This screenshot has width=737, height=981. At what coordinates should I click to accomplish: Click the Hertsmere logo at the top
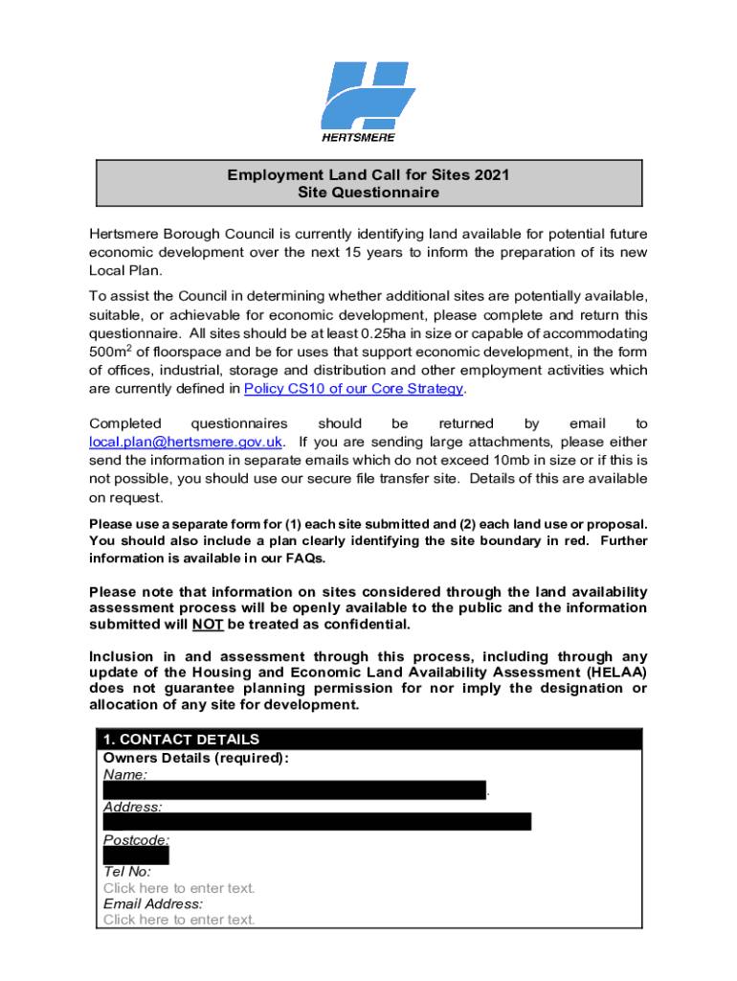(368, 100)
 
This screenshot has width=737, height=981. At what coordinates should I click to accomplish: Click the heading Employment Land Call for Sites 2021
(368, 175)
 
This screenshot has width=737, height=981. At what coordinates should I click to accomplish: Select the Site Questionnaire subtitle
(368, 193)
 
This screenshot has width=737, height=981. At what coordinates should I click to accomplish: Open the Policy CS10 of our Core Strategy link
(353, 388)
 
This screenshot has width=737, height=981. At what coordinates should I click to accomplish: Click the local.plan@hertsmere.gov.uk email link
(186, 442)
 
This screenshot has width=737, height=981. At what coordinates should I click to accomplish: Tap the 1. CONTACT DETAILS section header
(181, 740)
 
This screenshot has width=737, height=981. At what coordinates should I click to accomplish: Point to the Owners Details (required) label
(195, 758)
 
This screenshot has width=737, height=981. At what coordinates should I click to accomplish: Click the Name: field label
(125, 774)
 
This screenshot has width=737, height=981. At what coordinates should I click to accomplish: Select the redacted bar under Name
(295, 790)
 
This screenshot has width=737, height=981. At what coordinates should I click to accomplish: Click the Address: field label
(133, 808)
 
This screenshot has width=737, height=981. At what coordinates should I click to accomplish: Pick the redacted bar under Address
(317, 822)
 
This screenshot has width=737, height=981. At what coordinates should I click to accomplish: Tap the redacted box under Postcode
(136, 856)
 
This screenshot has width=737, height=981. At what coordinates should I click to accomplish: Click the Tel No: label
(127, 872)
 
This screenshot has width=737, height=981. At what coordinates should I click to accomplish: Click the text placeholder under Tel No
(179, 888)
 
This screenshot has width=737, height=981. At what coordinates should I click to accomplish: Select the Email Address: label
(153, 903)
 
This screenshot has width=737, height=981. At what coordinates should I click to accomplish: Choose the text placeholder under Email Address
(179, 920)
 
